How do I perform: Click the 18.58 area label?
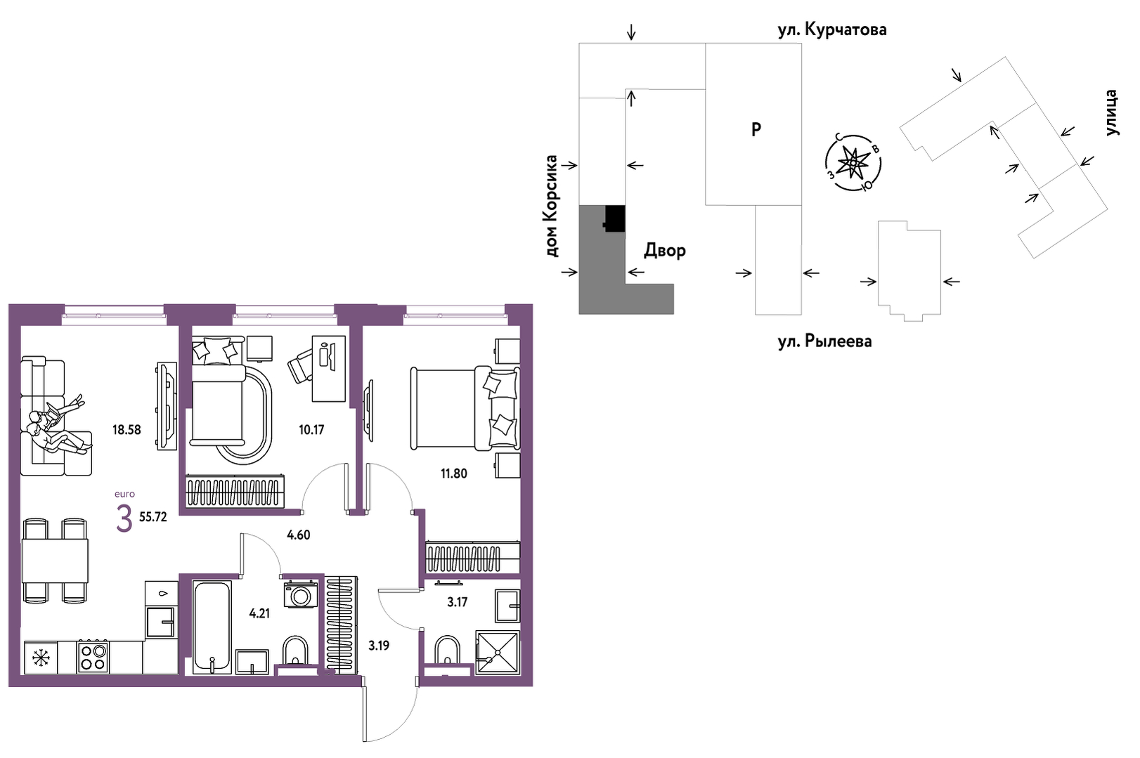pyautogui.click(x=127, y=430)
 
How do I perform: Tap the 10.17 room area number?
pyautogui.click(x=311, y=430)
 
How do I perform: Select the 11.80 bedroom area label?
pyautogui.click(x=454, y=473)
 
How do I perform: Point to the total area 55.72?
pyautogui.click(x=153, y=517)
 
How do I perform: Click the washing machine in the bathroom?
pyautogui.click(x=301, y=595)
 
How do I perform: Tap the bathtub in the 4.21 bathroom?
pyautogui.click(x=212, y=627)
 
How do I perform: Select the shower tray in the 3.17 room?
pyautogui.click(x=498, y=653)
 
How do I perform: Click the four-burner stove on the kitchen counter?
pyautogui.click(x=93, y=657)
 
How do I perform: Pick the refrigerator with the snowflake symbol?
pyautogui.click(x=41, y=658)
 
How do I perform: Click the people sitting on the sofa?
pyautogui.click(x=57, y=426)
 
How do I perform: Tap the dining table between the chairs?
pyautogui.click(x=54, y=561)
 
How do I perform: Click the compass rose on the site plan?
pyautogui.click(x=853, y=163)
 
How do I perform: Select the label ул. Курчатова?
pyautogui.click(x=832, y=30)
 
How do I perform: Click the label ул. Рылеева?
pyautogui.click(x=824, y=341)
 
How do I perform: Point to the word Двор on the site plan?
pyautogui.click(x=665, y=250)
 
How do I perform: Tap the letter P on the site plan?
pyautogui.click(x=756, y=130)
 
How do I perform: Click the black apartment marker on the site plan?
pyautogui.click(x=614, y=218)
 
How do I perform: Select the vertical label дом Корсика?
pyautogui.click(x=550, y=206)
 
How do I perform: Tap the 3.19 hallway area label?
pyautogui.click(x=379, y=646)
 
